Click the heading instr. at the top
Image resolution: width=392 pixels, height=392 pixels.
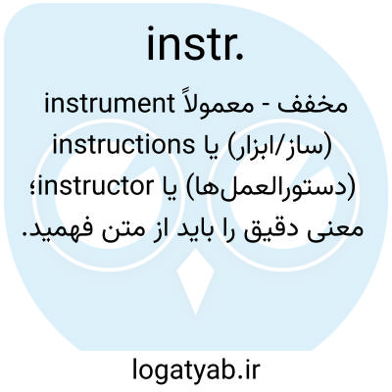pyautogui.click(x=195, y=45)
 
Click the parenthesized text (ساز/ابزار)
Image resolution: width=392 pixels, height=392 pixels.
pyautogui.click(x=278, y=146)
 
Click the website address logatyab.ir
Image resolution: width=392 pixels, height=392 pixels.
pyautogui.click(x=196, y=368)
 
